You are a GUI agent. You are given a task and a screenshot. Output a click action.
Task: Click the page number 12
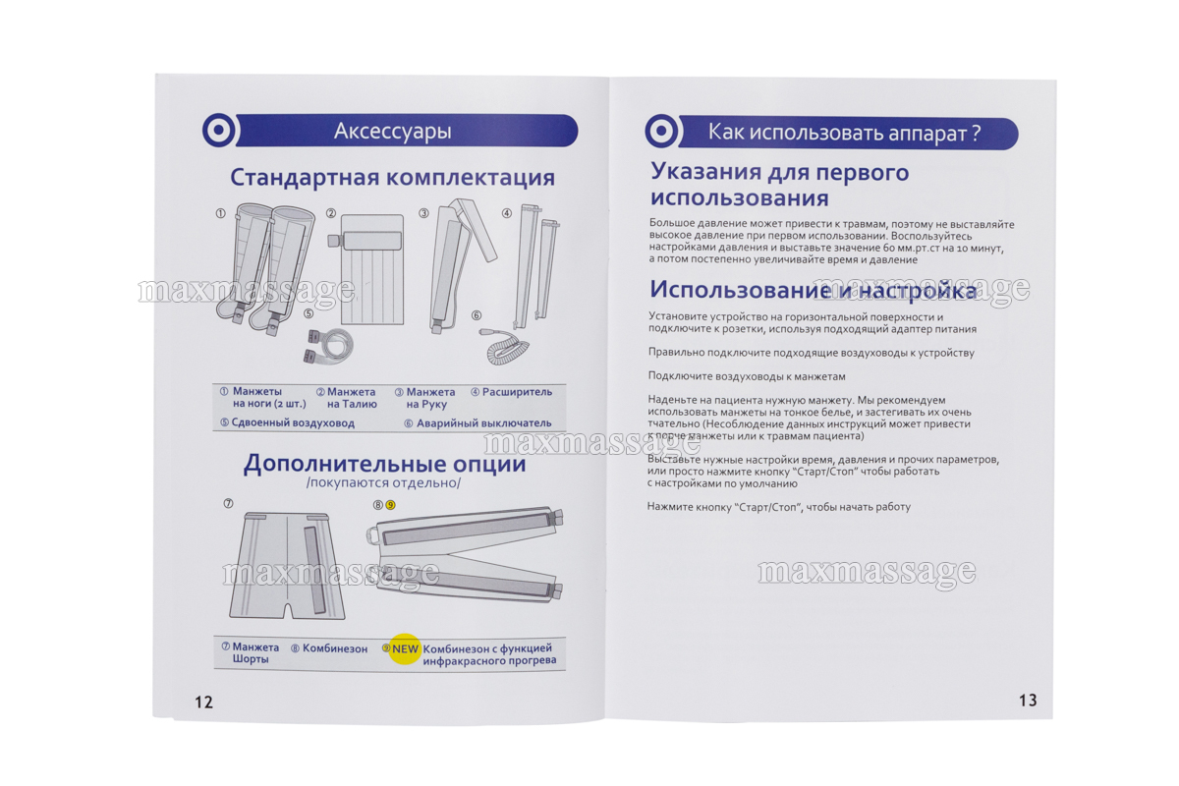(203, 702)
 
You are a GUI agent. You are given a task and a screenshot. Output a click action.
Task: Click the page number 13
(1028, 701)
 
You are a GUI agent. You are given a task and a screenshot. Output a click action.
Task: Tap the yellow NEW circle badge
(405, 648)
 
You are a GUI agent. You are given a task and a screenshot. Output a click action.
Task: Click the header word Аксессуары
(393, 131)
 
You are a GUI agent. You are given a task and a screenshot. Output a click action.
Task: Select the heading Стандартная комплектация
(393, 178)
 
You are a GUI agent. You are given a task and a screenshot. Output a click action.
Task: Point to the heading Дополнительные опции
(384, 464)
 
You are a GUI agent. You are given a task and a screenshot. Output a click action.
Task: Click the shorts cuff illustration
(287, 565)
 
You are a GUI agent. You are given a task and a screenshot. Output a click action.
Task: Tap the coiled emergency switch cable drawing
(504, 346)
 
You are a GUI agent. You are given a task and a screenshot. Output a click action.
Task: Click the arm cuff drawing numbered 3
(458, 266)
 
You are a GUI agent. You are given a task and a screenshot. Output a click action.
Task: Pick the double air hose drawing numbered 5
(327, 345)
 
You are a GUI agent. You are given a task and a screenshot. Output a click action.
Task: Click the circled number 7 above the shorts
(228, 503)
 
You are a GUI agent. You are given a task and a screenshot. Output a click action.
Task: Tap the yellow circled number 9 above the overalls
(390, 505)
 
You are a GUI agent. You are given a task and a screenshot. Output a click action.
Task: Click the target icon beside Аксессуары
(219, 130)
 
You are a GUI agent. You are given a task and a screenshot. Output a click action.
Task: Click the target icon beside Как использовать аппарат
(661, 131)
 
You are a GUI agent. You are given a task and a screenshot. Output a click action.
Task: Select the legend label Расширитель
(517, 392)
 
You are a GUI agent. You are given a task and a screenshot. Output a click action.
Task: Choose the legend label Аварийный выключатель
(483, 422)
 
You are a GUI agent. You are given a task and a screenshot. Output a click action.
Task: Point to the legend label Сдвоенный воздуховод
(293, 422)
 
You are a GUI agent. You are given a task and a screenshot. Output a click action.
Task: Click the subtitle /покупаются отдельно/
(383, 483)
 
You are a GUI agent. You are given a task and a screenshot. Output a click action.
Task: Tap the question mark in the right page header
(977, 133)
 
